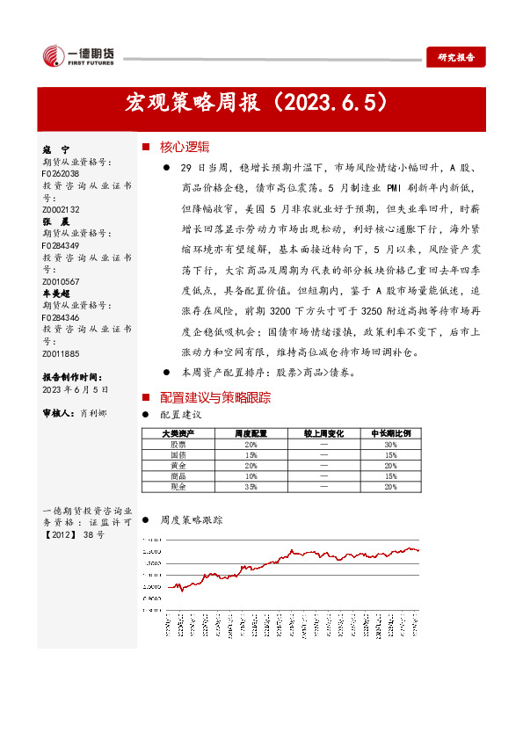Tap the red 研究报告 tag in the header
(455, 57)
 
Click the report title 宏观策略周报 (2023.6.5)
(257, 104)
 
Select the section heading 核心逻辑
(185, 147)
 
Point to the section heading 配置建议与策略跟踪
(214, 397)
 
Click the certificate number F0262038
(61, 174)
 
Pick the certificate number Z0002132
(61, 209)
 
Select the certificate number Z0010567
(61, 280)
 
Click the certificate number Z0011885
(61, 353)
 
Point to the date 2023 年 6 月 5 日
(75, 388)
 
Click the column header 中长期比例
(390, 433)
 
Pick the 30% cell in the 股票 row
(390, 445)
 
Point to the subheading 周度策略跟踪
(192, 520)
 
